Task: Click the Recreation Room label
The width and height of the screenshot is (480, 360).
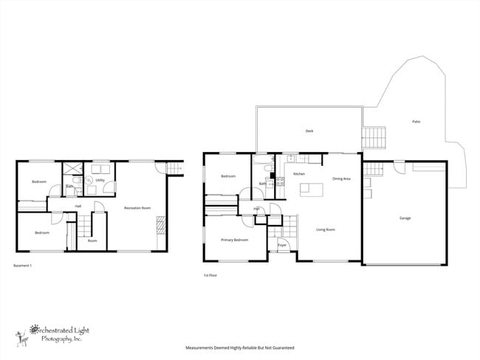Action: click(138, 207)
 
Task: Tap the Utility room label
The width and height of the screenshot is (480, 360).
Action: click(99, 180)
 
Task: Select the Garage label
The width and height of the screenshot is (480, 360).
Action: click(405, 218)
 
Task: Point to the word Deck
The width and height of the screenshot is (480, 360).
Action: click(309, 131)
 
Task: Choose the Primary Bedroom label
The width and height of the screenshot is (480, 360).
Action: click(234, 240)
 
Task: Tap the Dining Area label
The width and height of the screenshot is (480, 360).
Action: click(341, 179)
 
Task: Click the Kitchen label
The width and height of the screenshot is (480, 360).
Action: click(299, 173)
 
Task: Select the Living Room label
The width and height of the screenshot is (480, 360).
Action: click(326, 229)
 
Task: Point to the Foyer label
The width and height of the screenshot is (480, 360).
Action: click(281, 243)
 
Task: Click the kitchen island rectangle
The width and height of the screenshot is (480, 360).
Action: click(311, 190)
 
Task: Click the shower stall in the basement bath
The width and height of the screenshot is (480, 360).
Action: click(72, 169)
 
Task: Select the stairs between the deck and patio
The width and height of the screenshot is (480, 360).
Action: click(374, 137)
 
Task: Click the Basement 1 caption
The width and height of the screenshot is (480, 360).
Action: click(23, 265)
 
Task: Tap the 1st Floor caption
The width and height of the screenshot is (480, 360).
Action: click(210, 275)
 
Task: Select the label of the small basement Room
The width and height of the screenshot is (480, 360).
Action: click(92, 240)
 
